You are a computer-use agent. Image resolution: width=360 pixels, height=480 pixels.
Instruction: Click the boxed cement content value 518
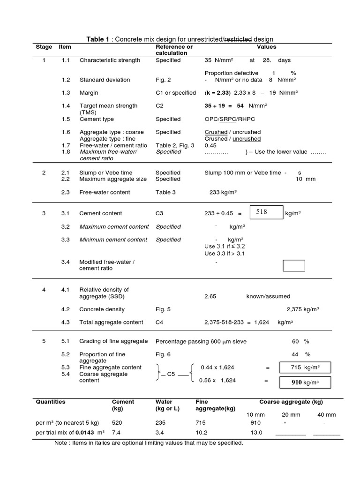tap(265, 212)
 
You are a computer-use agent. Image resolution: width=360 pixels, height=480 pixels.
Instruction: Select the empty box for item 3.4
tap(293, 265)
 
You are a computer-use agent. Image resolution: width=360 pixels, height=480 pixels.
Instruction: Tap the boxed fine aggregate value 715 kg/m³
tap(305, 368)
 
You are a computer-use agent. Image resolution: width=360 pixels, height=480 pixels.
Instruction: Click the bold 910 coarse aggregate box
tap(305, 382)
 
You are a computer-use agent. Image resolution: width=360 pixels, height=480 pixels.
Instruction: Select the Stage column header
tap(44, 47)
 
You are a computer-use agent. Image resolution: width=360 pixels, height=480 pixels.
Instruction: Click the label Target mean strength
tap(108, 106)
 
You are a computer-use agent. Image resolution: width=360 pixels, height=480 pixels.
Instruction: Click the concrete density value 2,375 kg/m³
tap(302, 309)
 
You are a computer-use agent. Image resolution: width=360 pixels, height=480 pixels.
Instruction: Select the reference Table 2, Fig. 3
tap(175, 145)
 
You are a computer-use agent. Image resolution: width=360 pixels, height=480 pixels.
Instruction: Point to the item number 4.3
tap(65, 322)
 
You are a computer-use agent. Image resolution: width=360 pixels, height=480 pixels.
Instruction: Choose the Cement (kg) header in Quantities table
tap(123, 405)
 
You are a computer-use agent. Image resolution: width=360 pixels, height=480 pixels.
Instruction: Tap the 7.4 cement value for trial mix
tap(117, 433)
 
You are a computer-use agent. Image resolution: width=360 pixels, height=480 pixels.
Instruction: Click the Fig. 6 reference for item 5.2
tap(163, 354)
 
